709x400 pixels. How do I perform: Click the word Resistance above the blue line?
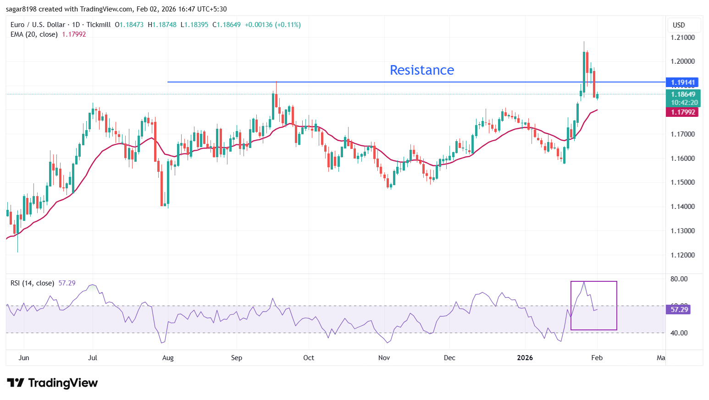point(421,70)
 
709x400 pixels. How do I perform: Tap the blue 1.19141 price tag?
point(683,82)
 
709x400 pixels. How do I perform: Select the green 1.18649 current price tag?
point(683,94)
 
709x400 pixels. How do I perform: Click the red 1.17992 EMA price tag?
point(683,112)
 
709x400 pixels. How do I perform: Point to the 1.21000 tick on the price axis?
point(682,38)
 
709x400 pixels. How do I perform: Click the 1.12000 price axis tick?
point(682,255)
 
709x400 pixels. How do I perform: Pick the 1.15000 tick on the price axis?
point(682,182)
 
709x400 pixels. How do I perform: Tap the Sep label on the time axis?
point(237,358)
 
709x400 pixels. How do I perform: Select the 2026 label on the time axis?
point(525,358)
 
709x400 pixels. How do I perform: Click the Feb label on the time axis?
point(597,358)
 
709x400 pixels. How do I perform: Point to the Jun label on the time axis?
point(24,358)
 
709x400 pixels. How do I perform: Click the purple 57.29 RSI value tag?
point(679,310)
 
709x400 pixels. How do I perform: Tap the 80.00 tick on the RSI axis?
point(679,279)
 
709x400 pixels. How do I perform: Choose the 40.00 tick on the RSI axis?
point(679,333)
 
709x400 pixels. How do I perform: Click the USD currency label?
point(679,25)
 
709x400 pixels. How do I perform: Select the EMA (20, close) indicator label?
point(34,34)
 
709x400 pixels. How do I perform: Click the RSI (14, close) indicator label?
point(32,283)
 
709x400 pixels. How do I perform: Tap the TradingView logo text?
point(63,383)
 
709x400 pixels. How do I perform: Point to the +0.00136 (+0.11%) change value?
point(272,25)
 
